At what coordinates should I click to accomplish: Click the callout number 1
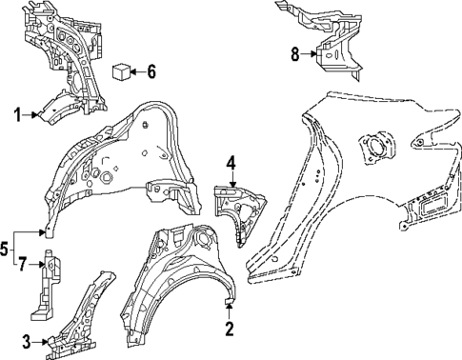point(17,114)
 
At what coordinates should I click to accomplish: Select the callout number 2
point(229,330)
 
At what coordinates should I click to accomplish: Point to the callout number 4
point(230,162)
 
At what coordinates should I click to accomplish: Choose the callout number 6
point(151,70)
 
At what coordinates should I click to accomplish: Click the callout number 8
point(295,54)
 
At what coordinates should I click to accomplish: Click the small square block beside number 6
point(121,70)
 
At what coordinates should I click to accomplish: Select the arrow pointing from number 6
point(137,70)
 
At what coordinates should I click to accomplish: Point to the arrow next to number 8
point(311,54)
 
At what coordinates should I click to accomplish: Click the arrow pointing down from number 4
point(230,178)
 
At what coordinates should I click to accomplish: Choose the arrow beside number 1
point(30,114)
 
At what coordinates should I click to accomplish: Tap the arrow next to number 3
point(43,342)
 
